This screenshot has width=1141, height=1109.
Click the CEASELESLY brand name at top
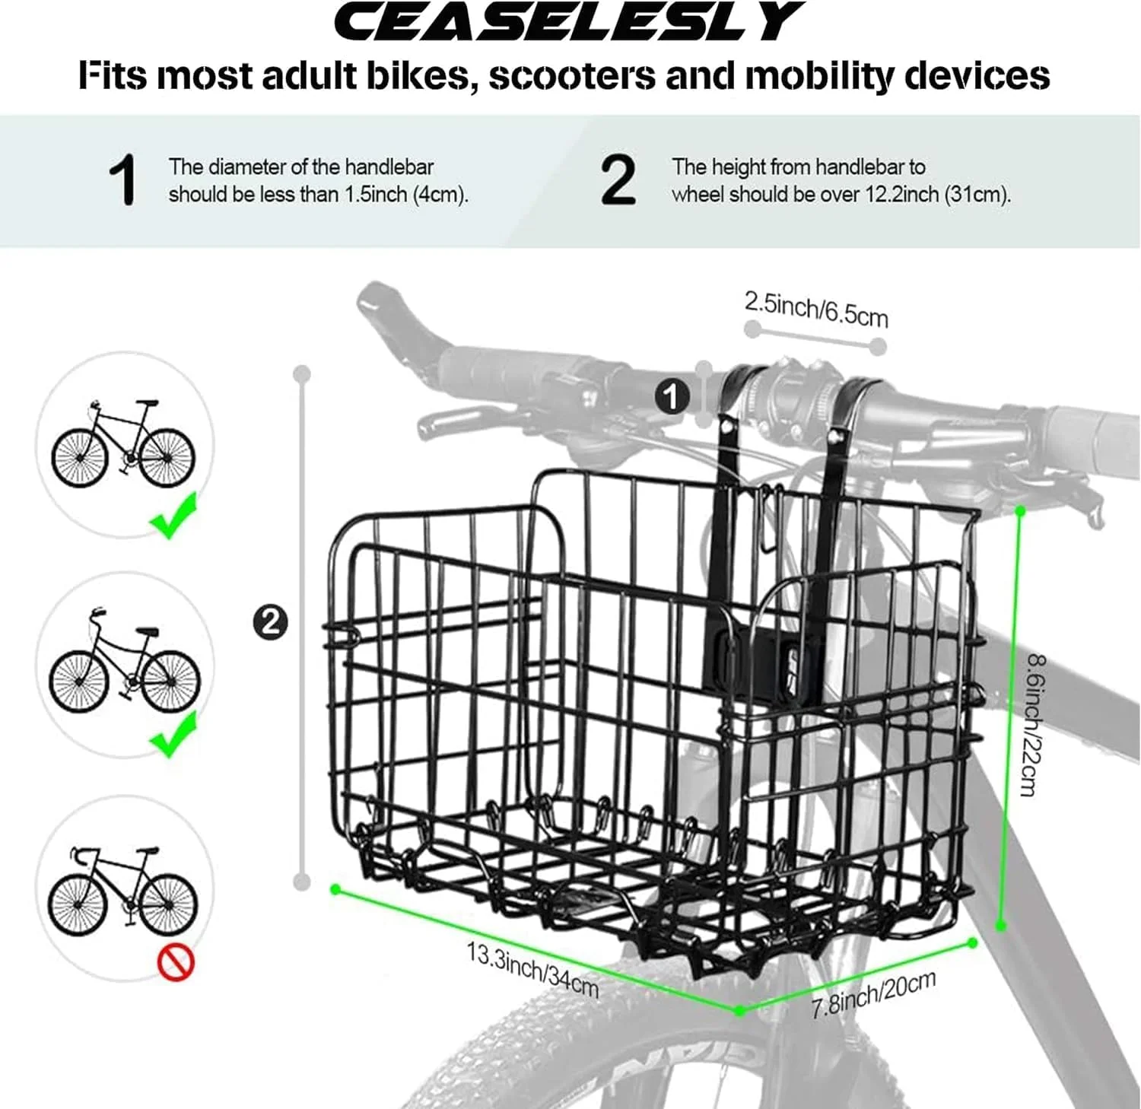[566, 22]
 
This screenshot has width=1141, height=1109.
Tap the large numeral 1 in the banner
[122, 180]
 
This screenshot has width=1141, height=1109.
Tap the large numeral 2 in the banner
[618, 180]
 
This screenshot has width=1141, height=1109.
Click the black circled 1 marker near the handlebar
[672, 396]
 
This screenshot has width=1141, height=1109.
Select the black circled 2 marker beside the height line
[270, 622]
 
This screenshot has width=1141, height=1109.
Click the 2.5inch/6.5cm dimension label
[816, 308]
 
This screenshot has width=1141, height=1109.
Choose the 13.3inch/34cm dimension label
[532, 970]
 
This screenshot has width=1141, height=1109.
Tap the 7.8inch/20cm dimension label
[873, 994]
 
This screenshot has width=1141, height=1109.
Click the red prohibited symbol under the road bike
[176, 962]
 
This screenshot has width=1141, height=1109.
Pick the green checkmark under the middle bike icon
[174, 734]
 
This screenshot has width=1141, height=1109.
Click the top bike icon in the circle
[123, 443]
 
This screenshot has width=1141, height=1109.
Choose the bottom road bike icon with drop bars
[122, 891]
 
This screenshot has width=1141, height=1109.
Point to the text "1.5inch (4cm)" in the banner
[405, 195]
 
